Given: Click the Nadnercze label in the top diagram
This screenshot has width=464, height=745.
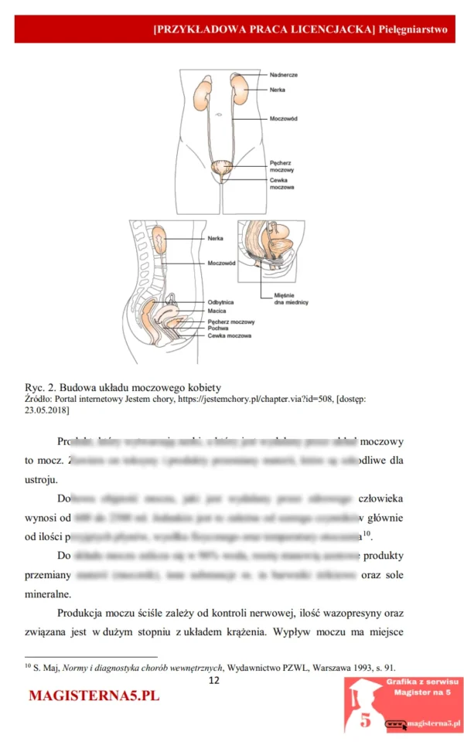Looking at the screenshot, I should click(x=284, y=75).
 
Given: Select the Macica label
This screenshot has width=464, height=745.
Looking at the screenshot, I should click(x=217, y=311).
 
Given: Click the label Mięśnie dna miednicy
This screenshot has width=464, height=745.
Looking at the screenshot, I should click(x=291, y=299).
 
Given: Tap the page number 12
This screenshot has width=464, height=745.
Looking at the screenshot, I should click(x=214, y=680).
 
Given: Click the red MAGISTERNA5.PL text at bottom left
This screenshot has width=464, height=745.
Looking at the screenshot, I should click(x=94, y=696).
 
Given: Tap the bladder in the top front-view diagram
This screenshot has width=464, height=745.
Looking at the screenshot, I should click(x=223, y=166).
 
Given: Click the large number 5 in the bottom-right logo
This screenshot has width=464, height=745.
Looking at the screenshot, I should click(x=365, y=719).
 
